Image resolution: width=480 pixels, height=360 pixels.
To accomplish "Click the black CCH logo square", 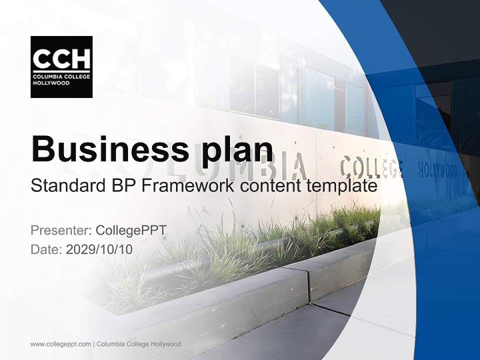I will (x=61, y=66).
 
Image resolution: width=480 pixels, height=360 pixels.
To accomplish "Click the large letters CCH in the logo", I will (x=61, y=59).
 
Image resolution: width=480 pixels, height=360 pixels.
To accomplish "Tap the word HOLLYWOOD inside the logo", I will (x=51, y=82).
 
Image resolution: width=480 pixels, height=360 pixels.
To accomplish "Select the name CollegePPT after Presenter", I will (x=131, y=230).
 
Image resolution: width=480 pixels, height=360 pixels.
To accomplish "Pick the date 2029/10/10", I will (x=99, y=249).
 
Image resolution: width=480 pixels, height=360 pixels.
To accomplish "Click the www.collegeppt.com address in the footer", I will (x=60, y=344).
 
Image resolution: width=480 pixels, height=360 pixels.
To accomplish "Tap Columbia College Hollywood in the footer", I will (x=138, y=344).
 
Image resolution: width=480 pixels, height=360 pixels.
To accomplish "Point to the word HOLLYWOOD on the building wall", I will (x=437, y=170).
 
